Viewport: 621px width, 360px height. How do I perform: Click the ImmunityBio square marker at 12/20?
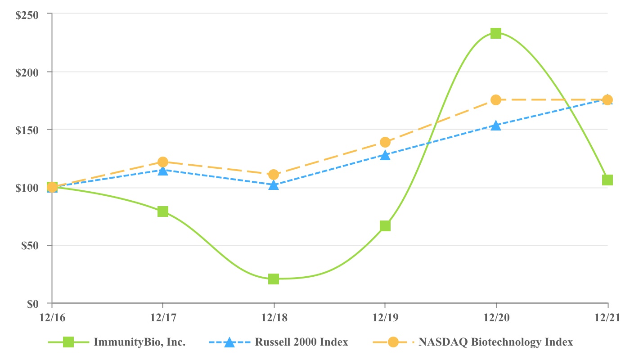(x=496, y=33)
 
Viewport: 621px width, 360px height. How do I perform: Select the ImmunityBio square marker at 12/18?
(x=274, y=279)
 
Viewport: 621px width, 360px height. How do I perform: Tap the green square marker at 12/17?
(x=163, y=211)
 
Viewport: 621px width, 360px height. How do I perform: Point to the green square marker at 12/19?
(x=385, y=226)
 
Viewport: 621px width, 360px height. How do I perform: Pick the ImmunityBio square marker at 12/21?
(x=607, y=180)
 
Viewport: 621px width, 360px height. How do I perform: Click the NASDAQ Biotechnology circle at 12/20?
(x=496, y=100)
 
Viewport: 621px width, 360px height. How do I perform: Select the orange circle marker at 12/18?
(x=274, y=175)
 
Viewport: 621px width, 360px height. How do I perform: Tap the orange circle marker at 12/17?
(x=163, y=162)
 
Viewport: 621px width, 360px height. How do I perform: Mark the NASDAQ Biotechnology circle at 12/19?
(x=385, y=142)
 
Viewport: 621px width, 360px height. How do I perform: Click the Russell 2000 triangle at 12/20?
(x=496, y=126)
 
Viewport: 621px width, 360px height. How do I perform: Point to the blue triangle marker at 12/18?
(x=274, y=185)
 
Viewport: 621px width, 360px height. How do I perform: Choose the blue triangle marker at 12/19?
(x=385, y=155)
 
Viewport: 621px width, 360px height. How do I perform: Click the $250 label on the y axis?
(x=27, y=14)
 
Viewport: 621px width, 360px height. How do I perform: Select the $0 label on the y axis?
(x=33, y=304)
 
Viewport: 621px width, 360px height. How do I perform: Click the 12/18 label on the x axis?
(x=274, y=318)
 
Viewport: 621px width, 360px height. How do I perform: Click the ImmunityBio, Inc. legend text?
(x=139, y=342)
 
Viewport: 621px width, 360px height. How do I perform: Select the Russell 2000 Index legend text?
(x=301, y=342)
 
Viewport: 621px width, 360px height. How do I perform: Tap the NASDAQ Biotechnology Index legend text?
(x=496, y=342)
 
